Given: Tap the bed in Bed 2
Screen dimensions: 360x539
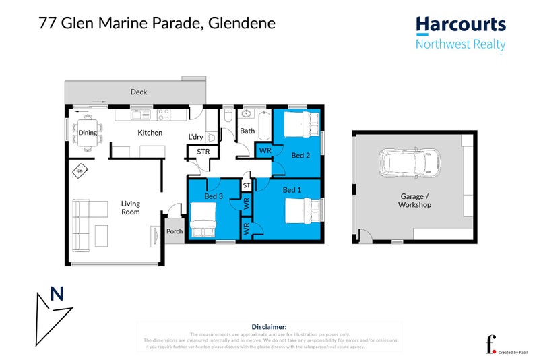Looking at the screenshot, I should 300,124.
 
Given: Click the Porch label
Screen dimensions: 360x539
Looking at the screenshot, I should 175,231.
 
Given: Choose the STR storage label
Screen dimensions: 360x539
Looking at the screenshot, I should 203,152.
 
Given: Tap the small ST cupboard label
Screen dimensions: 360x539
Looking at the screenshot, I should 247,184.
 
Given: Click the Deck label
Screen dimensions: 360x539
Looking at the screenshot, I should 138,92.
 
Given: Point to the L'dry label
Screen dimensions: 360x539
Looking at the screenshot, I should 196,137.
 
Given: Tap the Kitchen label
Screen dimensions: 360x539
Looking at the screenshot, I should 150,133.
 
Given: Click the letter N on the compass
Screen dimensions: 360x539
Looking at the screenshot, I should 57,294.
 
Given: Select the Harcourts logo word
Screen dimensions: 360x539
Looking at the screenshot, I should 460,25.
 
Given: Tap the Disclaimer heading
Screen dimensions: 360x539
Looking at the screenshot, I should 269,326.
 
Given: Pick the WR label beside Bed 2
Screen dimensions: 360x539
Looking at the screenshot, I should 265,150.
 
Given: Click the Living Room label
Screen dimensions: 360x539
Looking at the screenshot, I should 130,207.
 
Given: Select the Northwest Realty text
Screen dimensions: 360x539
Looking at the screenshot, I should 460,45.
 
